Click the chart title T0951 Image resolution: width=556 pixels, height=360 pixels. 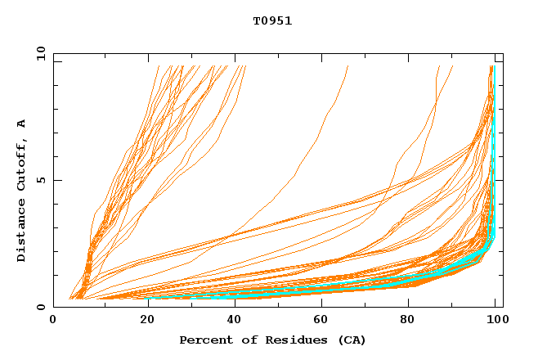(x=272, y=21)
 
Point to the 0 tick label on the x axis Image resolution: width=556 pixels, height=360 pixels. (x=53, y=321)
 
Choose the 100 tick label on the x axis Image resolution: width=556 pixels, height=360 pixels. (x=495, y=321)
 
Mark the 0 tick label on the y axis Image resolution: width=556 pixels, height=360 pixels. (x=40, y=308)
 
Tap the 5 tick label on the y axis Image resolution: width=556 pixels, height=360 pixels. (x=40, y=180)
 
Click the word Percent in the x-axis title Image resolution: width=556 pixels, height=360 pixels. (x=205, y=340)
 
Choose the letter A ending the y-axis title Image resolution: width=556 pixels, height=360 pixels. (x=22, y=124)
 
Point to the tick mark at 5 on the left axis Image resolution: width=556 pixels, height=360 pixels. (x=56, y=180)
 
